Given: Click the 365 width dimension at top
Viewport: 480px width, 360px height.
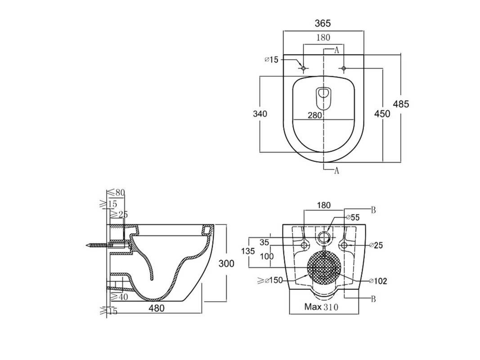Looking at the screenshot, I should click(x=323, y=23).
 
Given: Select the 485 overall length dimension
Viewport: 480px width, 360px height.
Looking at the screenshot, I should click(x=401, y=104).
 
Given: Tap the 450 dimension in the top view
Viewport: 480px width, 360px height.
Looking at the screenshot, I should click(x=382, y=114).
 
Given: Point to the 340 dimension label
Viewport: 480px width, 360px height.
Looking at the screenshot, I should click(x=260, y=114).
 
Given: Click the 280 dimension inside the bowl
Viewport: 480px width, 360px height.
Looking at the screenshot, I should click(x=314, y=115).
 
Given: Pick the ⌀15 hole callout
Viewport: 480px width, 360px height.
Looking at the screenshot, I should click(x=271, y=59).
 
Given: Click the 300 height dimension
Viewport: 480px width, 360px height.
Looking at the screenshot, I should click(x=226, y=263).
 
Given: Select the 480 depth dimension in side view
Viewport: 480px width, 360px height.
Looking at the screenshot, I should click(x=157, y=308).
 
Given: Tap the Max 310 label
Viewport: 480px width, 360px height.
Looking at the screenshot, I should click(x=321, y=307).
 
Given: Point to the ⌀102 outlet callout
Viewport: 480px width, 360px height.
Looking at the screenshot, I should click(x=378, y=281).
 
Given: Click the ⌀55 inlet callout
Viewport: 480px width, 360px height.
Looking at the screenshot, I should click(x=353, y=217).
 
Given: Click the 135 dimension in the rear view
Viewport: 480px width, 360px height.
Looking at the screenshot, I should click(x=248, y=251).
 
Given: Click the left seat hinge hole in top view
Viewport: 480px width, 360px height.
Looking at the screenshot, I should click(x=304, y=68).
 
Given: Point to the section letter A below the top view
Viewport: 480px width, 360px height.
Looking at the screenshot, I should click(x=336, y=170).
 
